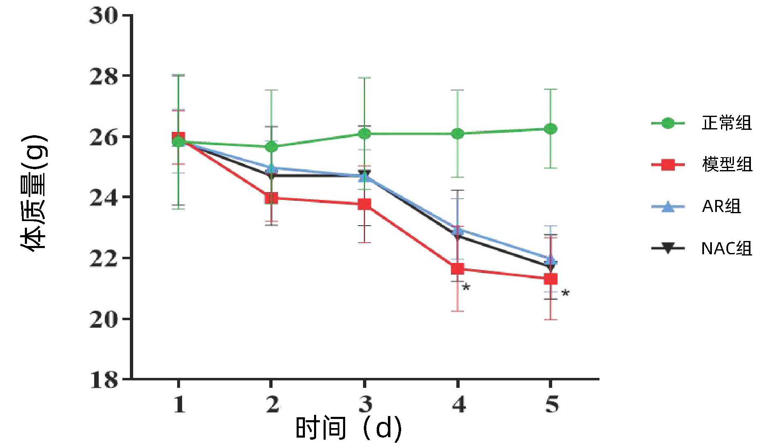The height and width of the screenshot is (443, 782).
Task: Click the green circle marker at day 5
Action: tap(551, 129)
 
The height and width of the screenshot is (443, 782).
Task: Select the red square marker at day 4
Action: tap(458, 269)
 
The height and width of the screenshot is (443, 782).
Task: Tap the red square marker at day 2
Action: tap(271, 198)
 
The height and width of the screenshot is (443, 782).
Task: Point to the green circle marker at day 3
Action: tap(364, 134)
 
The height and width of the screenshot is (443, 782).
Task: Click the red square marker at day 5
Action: tap(551, 279)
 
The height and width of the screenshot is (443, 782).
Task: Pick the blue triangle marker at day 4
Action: tap(458, 230)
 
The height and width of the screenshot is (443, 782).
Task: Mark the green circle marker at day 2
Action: tap(271, 147)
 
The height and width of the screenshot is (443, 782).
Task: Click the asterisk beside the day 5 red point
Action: tap(565, 293)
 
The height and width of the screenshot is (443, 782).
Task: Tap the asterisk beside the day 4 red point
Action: tap(466, 287)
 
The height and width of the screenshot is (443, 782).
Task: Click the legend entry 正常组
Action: tap(726, 123)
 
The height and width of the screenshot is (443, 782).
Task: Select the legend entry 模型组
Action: tap(727, 165)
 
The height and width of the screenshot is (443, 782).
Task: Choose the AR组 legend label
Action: tap(721, 206)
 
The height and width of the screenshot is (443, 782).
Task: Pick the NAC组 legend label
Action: tap(726, 248)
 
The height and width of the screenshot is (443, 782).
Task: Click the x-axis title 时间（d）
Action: tap(348, 428)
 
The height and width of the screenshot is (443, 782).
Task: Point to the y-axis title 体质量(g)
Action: tap(34, 193)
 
